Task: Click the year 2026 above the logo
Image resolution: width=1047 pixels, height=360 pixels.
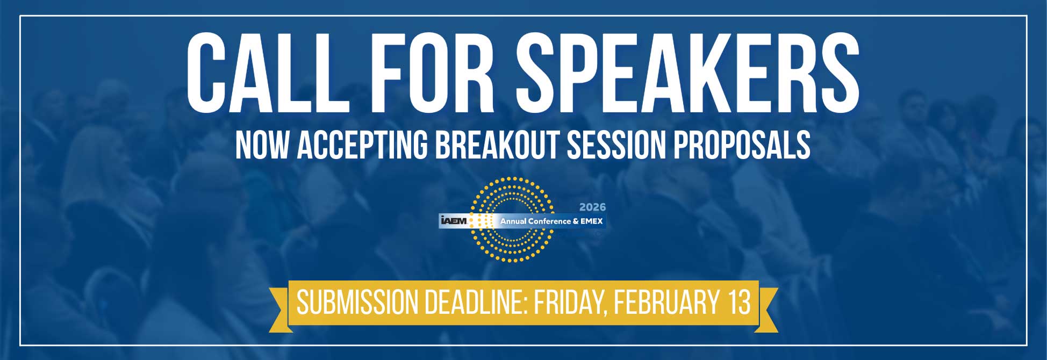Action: pos(592,207)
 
